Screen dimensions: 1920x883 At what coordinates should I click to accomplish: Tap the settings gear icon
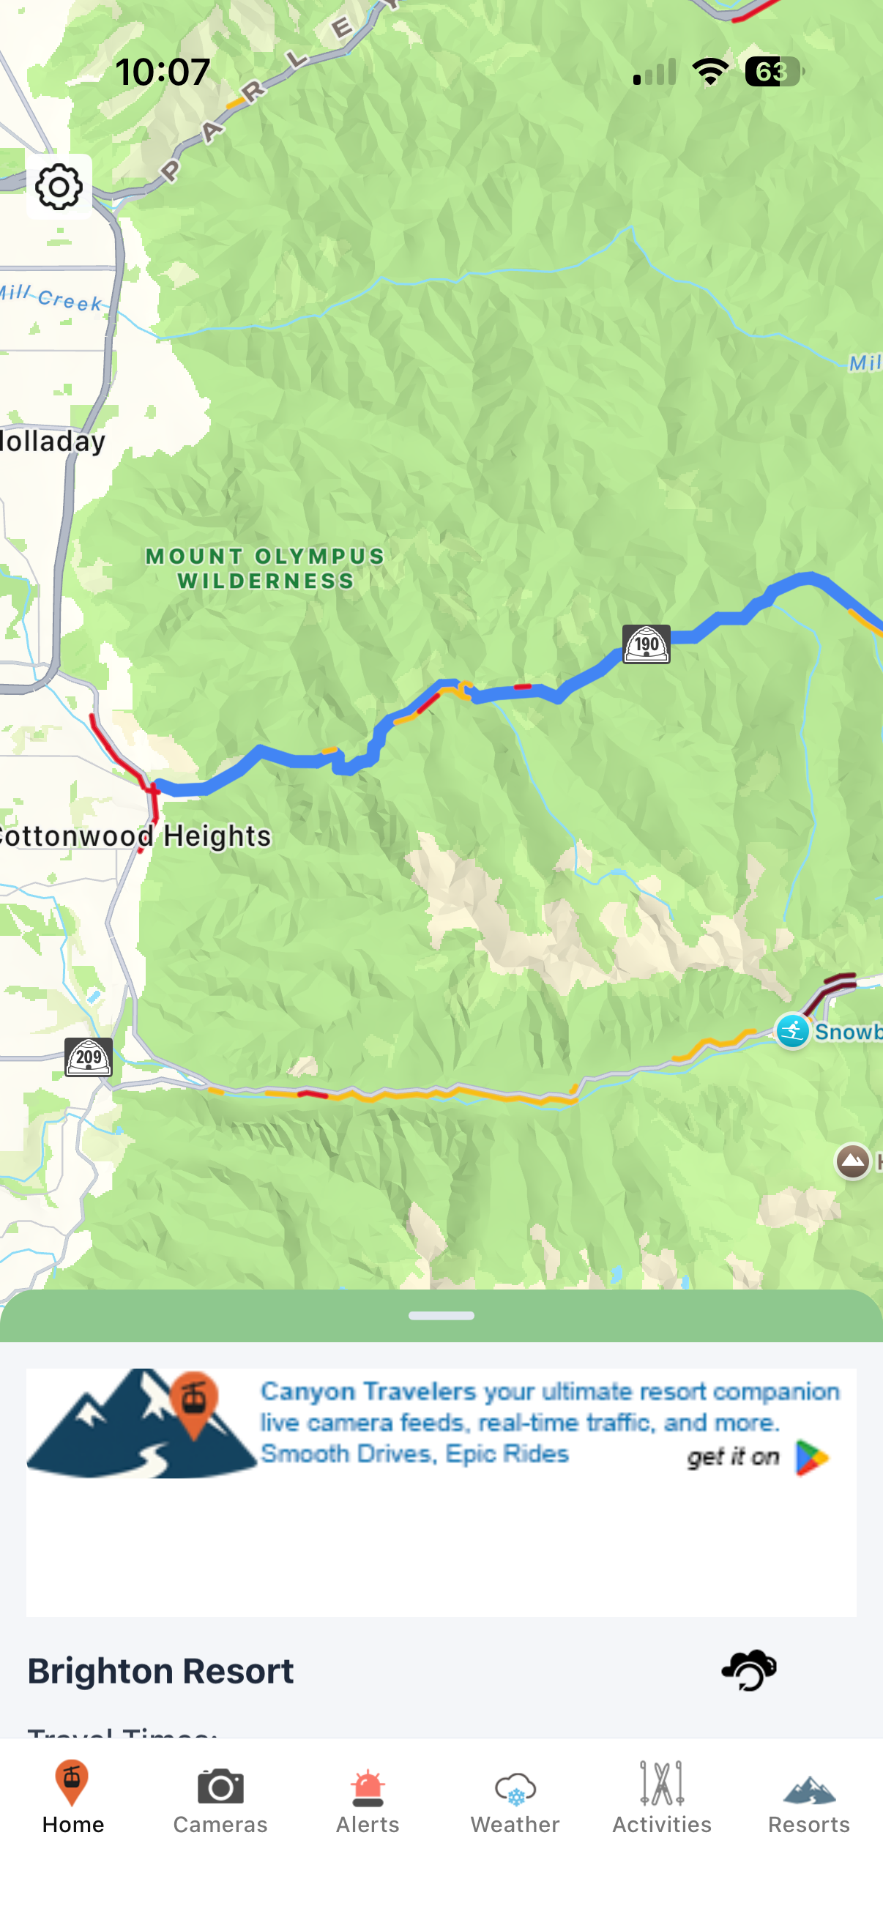[x=59, y=187]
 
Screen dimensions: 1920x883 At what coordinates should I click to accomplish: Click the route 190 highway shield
[x=646, y=644]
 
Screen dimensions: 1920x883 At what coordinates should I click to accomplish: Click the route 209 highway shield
[x=89, y=1057]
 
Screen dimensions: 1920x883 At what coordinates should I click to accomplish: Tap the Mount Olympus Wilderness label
[x=264, y=568]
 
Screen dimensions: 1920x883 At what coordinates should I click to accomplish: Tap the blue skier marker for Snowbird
[x=792, y=1032]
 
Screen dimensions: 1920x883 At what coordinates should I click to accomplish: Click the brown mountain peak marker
[x=852, y=1161]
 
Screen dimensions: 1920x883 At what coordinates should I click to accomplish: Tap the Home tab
[x=72, y=1798]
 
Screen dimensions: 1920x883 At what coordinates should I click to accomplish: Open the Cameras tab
[x=220, y=1798]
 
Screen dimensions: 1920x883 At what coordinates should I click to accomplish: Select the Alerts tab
[x=368, y=1798]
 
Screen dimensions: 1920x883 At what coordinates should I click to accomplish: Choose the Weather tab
[x=515, y=1798]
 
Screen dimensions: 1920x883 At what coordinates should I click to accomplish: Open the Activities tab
[x=662, y=1798]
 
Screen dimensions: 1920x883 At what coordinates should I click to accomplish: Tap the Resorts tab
[x=809, y=1798]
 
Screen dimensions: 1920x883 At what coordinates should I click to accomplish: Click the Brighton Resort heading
[x=161, y=1670]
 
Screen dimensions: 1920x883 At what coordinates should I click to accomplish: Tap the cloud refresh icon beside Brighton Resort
[x=749, y=1670]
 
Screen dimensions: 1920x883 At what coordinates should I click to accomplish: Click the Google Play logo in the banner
[x=811, y=1457]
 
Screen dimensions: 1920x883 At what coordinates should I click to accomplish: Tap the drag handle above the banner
[x=441, y=1316]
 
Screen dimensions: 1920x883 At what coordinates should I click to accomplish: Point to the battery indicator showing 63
[x=773, y=72]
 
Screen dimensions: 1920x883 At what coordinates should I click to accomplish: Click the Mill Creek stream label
[x=52, y=297]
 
